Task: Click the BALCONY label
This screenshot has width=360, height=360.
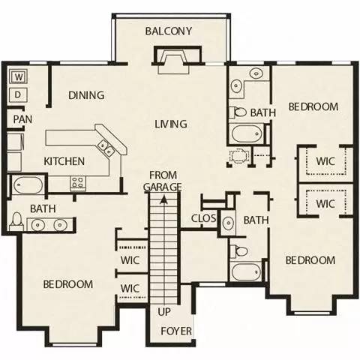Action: [x=169, y=31]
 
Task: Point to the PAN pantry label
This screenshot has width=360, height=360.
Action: [x=21, y=118]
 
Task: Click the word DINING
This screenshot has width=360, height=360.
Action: [x=86, y=95]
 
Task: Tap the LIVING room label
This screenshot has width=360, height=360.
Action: [x=171, y=124]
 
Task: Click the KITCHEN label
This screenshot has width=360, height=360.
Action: [x=64, y=161]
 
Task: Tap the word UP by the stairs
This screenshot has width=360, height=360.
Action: [x=165, y=311]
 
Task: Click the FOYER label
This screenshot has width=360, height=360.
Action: [x=177, y=331]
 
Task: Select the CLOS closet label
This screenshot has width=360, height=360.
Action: [x=204, y=219]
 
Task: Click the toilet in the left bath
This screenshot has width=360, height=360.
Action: [x=17, y=220]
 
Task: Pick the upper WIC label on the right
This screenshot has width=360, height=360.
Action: [x=325, y=160]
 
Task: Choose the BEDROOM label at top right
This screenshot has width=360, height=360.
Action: [x=313, y=106]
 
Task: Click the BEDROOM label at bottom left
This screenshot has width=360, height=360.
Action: [x=67, y=284]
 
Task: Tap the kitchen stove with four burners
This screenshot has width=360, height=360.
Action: [x=79, y=181]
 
